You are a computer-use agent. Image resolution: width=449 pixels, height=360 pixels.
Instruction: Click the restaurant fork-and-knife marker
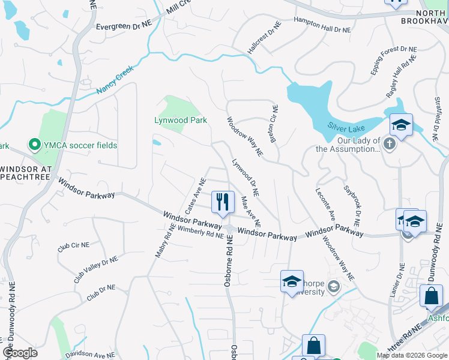tap(223, 202)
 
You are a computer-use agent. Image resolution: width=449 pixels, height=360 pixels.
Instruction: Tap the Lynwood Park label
tap(181, 121)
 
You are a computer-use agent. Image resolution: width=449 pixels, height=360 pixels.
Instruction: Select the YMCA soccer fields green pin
tap(35, 145)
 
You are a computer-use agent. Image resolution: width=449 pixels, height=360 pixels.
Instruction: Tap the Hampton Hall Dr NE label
tap(322, 25)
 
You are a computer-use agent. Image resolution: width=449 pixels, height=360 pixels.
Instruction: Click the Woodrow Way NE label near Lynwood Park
tap(244, 137)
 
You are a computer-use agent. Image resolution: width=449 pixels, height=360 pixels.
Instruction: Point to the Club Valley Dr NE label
tap(96, 268)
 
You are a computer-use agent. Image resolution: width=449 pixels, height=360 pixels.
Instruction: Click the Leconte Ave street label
tap(325, 205)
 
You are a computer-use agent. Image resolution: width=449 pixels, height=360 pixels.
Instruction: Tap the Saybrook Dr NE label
tap(352, 206)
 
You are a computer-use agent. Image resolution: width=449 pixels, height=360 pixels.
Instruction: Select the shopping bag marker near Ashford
tap(431, 296)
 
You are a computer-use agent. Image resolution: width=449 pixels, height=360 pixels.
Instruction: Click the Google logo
tap(20, 353)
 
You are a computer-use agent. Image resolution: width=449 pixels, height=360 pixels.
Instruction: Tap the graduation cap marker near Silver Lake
tap(401, 125)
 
